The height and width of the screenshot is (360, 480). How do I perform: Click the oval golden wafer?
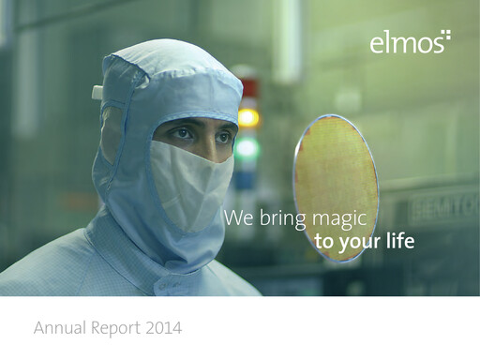(x=336, y=187)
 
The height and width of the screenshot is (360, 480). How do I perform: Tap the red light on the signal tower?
(x=249, y=90)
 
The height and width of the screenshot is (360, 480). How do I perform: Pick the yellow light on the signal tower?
(x=248, y=118)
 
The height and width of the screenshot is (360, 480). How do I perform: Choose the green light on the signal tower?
(x=247, y=147)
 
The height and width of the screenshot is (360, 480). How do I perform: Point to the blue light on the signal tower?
(x=246, y=175)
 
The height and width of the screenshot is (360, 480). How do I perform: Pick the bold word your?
(x=357, y=244)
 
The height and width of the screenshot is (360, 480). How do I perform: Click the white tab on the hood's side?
(x=97, y=92)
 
